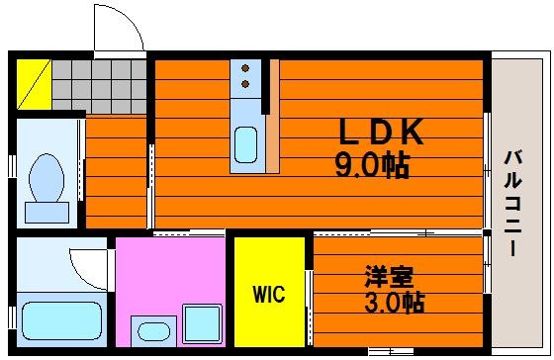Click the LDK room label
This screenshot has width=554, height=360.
pyautogui.click(x=381, y=132)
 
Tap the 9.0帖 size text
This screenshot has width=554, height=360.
pyautogui.click(x=372, y=166)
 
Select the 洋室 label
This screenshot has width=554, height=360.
pyautogui.click(x=389, y=277)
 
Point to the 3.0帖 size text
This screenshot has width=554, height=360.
pyautogui.click(x=395, y=303)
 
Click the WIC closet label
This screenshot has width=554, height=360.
pyautogui.click(x=269, y=294)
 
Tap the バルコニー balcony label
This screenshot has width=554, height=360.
pyautogui.click(x=512, y=203)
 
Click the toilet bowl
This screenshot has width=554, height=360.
pyautogui.click(x=46, y=178)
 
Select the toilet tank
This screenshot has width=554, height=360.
pyautogui.click(x=47, y=213)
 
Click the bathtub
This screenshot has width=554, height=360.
pyautogui.click(x=61, y=320)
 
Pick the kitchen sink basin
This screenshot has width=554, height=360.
pyautogui.click(x=246, y=144)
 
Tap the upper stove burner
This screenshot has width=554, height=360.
pyautogui.click(x=245, y=68)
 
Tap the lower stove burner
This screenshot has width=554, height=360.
pyautogui.click(x=245, y=84)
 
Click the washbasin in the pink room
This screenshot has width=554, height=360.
pyautogui.click(x=153, y=331)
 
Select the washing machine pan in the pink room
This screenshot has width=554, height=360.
pyautogui.click(x=202, y=324)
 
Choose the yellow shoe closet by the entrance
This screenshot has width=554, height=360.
pyautogui.click(x=35, y=84)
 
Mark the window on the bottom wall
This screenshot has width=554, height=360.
pyautogui.click(x=391, y=351)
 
